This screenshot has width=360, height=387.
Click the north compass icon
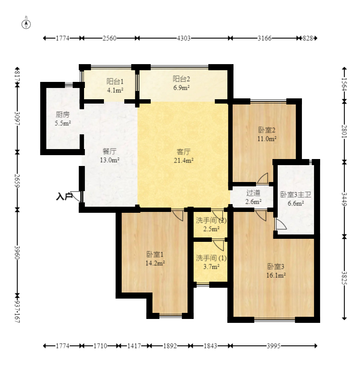26,24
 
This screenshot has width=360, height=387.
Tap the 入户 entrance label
64,196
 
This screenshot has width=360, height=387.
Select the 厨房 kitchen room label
62,114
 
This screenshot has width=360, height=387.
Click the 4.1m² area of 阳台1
115,90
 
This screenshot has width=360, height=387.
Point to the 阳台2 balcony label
181,79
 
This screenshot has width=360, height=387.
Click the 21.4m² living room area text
184,160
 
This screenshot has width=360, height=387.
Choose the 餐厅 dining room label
109,151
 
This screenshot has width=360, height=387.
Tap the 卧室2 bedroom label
267,130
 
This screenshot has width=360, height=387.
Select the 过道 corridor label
253,193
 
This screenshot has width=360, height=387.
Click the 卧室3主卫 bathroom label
295,195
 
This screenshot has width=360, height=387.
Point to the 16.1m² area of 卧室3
276,276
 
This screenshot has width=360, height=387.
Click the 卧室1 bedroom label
155,254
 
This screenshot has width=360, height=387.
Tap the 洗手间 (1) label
211,258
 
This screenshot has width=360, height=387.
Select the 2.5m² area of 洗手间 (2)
211,229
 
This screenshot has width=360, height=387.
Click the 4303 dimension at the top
184,38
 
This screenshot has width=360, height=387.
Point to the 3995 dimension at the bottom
273,346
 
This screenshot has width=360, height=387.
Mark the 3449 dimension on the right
344,199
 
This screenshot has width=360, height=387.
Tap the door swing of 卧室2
263,178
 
